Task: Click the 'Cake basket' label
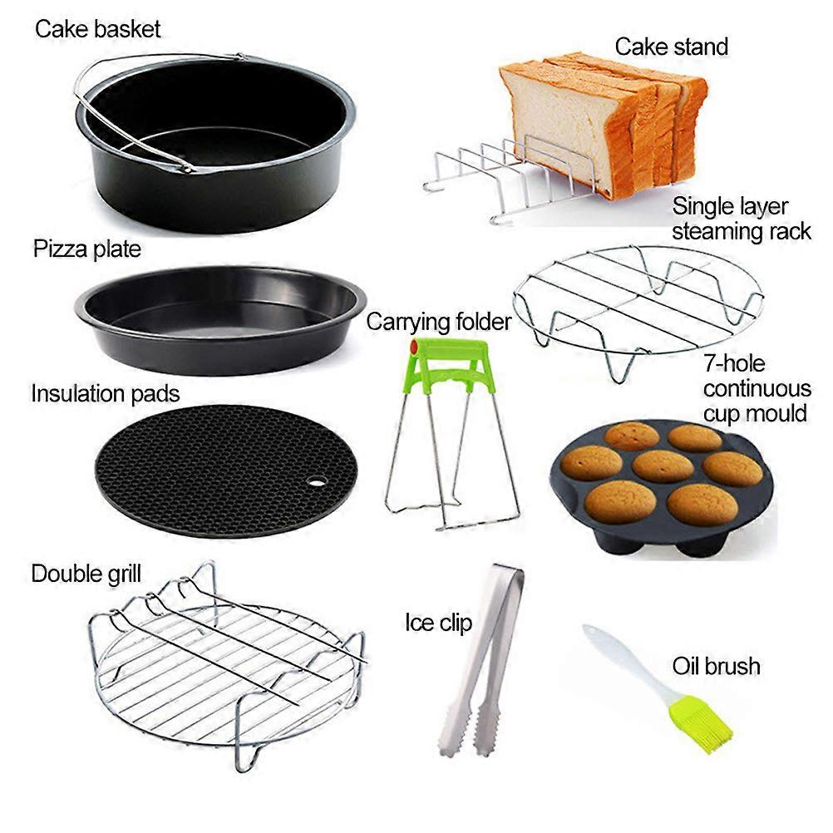coord(97,29)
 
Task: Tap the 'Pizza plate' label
coord(87,249)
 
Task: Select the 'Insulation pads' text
coord(106,394)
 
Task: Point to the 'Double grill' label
coord(86,574)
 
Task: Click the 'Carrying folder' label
coord(439,323)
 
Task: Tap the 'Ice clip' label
coord(438,623)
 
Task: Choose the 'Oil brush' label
coord(716,666)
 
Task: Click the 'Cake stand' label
coord(672,47)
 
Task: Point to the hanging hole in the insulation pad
coord(317,482)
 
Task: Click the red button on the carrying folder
coord(414,347)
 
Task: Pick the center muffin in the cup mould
coord(663,466)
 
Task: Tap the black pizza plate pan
coord(220,320)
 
